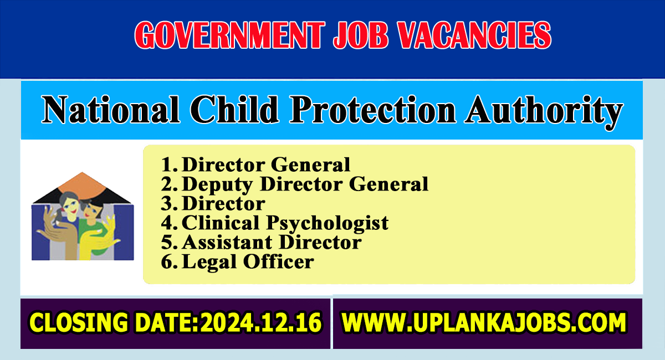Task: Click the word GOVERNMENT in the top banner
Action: tap(228, 35)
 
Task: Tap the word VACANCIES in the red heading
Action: tap(475, 35)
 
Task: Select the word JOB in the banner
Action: tap(361, 35)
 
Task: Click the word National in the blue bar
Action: tap(111, 109)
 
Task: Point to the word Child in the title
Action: tap(234, 109)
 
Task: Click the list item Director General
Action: tap(266, 164)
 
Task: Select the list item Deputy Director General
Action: tap(305, 184)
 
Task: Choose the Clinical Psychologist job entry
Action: tap(285, 223)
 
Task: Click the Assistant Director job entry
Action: tap(272, 242)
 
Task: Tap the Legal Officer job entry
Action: tap(248, 263)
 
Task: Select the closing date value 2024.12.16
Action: tap(261, 322)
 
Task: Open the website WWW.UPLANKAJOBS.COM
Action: tap(484, 322)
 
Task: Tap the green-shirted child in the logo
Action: tap(94, 225)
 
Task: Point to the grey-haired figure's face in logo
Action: tap(70, 204)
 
